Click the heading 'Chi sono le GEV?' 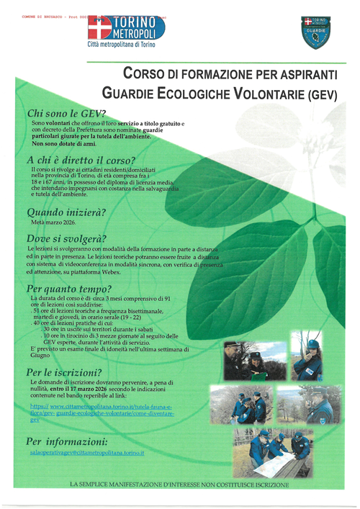click(66, 114)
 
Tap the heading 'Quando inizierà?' click(66, 212)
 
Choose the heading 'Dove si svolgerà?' click(66, 238)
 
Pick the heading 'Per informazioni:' click(67, 441)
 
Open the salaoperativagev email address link click(88, 453)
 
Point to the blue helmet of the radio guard click(312, 344)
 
